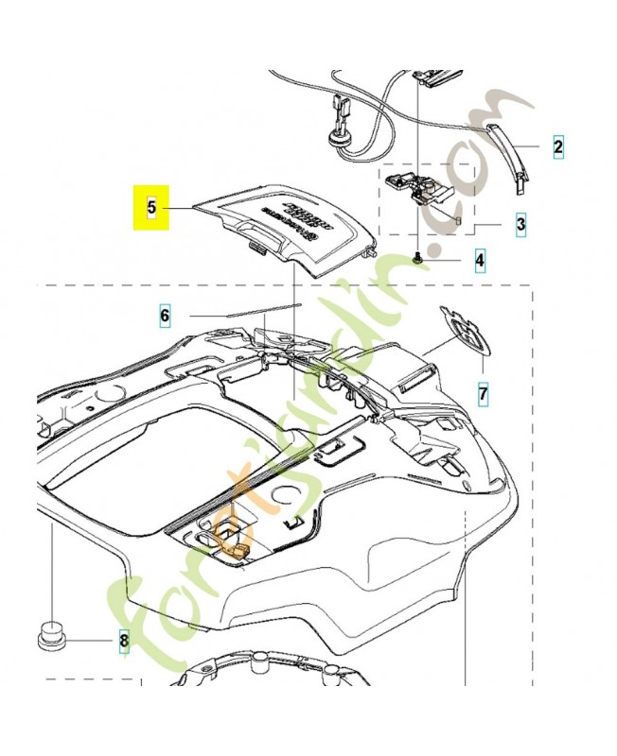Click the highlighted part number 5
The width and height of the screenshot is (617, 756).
150,207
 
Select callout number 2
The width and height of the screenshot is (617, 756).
557,146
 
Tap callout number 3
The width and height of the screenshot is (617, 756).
520,225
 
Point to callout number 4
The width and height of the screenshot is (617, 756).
481,259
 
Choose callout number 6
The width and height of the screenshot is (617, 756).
165,316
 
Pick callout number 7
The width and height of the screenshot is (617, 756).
483,391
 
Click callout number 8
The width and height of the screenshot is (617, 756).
122,644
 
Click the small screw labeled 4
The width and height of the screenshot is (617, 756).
417,256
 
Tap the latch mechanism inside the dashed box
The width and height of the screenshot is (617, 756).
421,188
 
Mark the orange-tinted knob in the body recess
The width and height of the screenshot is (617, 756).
232,538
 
